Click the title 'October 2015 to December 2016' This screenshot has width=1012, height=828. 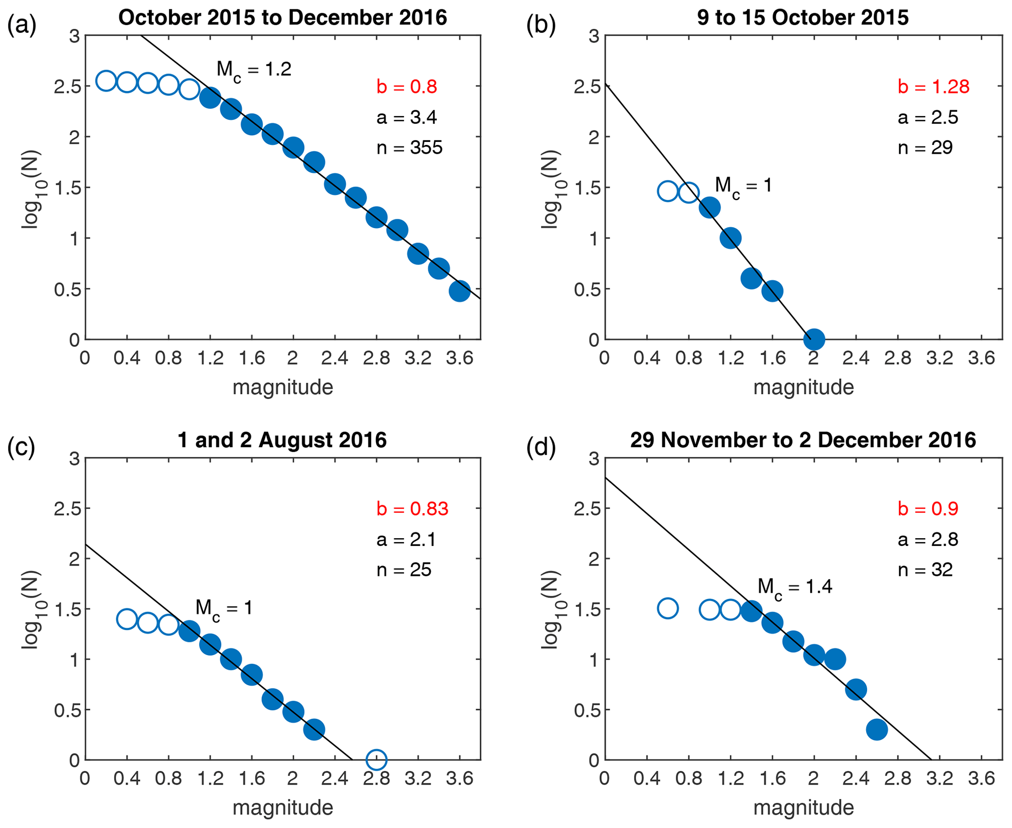tap(282, 18)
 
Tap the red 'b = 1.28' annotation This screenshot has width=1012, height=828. tap(933, 87)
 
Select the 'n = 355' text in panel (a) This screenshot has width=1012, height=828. tap(409, 147)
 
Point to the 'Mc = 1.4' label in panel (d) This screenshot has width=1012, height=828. tap(795, 587)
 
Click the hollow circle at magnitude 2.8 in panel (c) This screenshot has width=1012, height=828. tap(376, 759)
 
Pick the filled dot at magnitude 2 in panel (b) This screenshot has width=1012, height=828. tap(814, 339)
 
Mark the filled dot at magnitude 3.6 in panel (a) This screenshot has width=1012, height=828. tap(460, 291)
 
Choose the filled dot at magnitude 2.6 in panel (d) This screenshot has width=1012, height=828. tap(876, 730)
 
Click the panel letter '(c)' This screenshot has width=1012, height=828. tap(22, 447)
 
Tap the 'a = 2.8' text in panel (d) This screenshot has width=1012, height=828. tap(928, 539)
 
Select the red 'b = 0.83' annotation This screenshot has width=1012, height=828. tap(412, 509)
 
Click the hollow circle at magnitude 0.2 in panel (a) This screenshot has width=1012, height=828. tap(106, 81)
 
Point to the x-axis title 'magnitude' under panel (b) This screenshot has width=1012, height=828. tap(803, 387)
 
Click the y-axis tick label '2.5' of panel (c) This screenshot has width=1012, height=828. tap(67, 509)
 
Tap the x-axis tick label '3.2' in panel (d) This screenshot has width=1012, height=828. tap(939, 778)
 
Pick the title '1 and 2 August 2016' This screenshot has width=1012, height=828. tap(282, 440)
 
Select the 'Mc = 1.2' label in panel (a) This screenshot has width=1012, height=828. tap(254, 70)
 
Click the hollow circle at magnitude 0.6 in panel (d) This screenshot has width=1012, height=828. tap(667, 609)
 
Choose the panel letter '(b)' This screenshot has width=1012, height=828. tap(541, 24)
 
